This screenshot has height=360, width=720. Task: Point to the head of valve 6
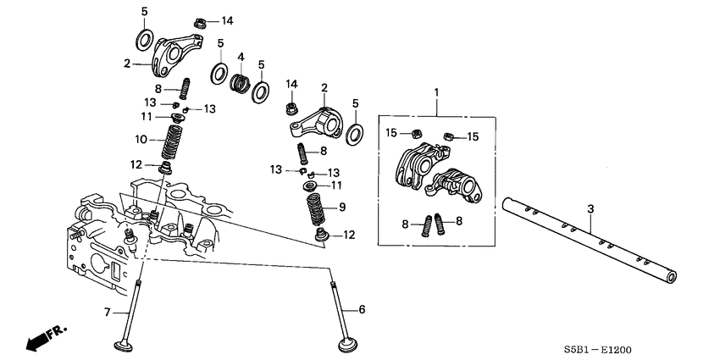tap(346, 346)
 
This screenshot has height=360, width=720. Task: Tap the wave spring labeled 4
tap(241, 83)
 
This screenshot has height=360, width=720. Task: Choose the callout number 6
tap(362, 310)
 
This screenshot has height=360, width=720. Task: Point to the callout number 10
tap(142, 138)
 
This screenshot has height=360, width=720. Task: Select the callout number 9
tap(341, 207)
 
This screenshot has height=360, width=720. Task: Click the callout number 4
tap(241, 58)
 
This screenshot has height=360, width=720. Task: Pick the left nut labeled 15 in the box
tap(416, 134)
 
